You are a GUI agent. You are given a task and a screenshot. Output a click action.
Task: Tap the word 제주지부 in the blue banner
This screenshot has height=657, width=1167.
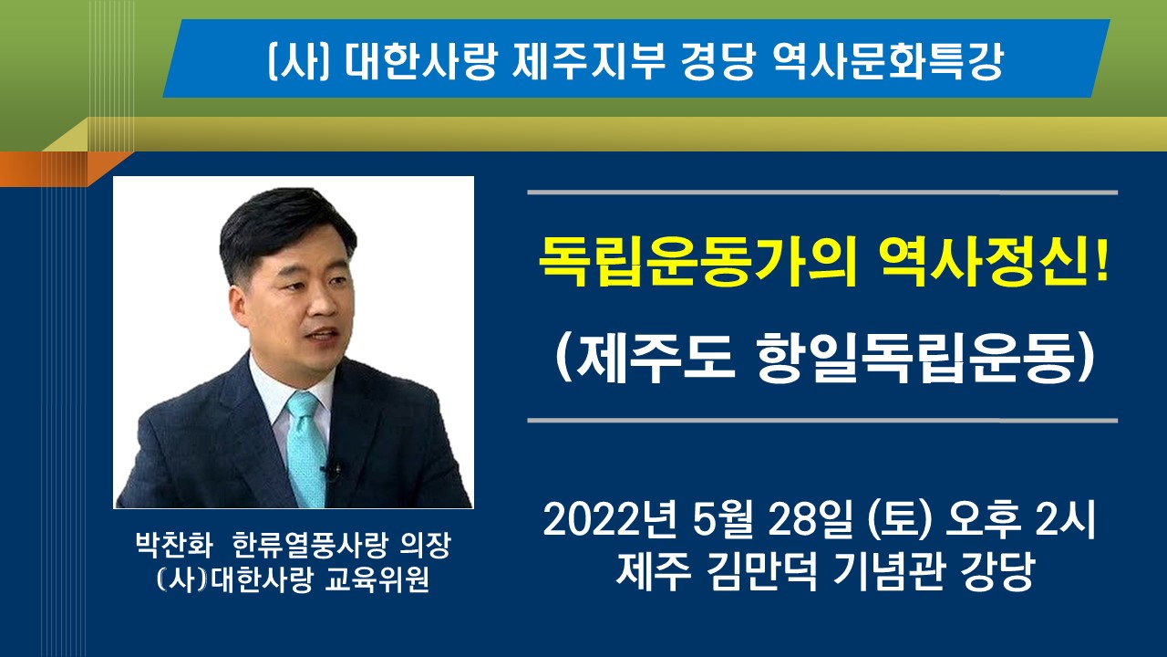(588, 61)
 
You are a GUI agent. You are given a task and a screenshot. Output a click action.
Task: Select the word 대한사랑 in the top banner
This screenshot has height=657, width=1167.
(420, 61)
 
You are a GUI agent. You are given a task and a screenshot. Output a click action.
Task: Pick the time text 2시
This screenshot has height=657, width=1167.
(1066, 519)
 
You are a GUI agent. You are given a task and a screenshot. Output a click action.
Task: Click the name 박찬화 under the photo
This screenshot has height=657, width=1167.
(174, 546)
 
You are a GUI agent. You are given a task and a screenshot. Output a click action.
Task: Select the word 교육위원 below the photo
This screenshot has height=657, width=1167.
(377, 579)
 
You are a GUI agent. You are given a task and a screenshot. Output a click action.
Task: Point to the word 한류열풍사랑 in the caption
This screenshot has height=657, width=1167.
(309, 546)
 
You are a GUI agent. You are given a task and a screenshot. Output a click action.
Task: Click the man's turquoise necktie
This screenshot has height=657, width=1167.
(306, 448)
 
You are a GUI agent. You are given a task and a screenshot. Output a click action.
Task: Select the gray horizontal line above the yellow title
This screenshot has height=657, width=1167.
(822, 193)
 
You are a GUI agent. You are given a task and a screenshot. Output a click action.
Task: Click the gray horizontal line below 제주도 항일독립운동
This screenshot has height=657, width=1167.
(822, 421)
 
